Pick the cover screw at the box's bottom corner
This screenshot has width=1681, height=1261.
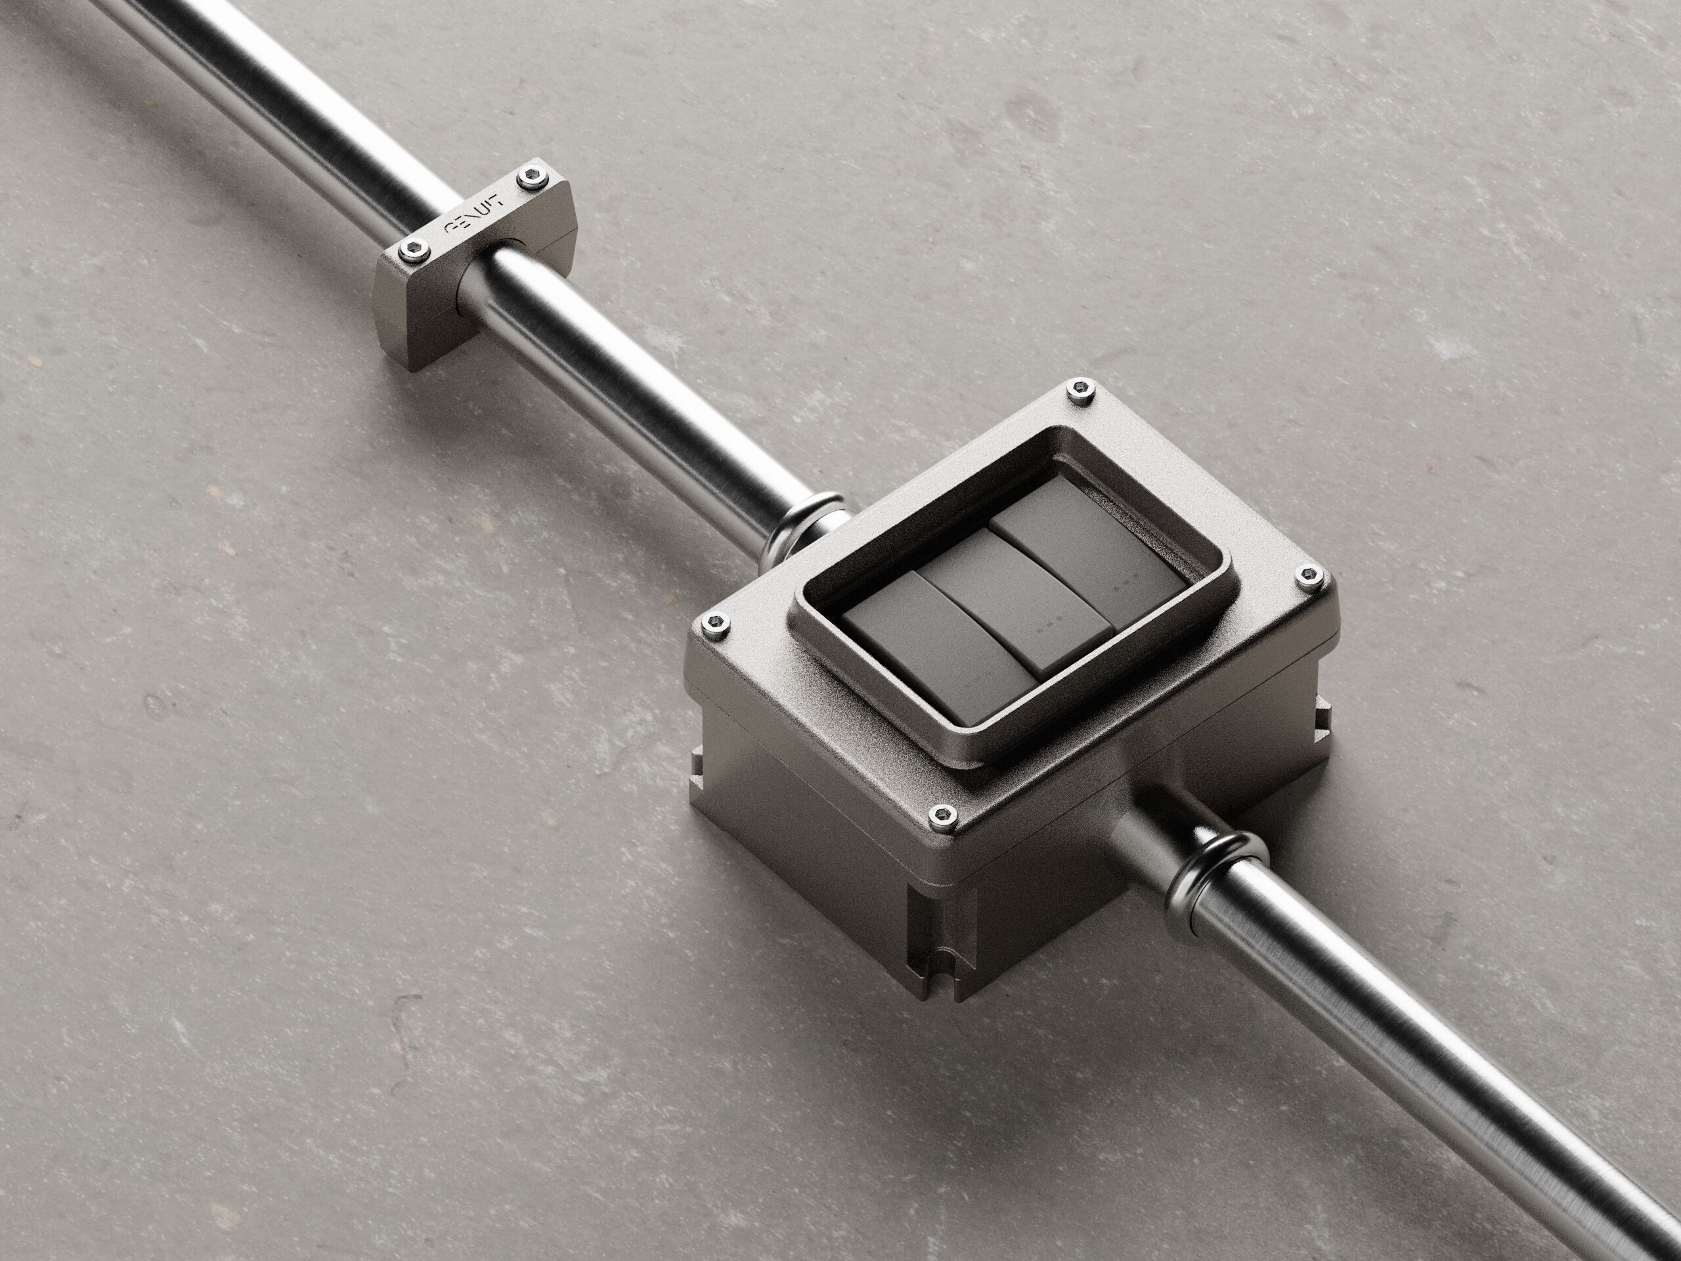940,818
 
